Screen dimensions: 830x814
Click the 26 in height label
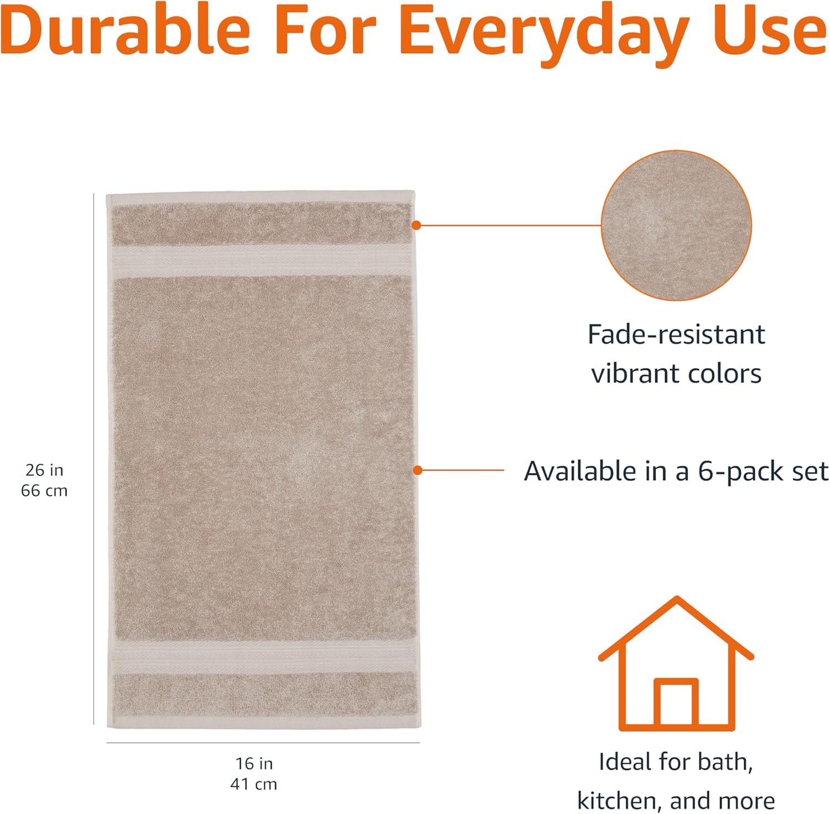(x=44, y=470)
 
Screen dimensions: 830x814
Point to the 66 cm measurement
(x=44, y=490)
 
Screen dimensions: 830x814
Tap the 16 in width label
(x=254, y=763)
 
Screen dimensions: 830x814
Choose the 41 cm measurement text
(x=254, y=784)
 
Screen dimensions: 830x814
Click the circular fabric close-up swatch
(x=676, y=225)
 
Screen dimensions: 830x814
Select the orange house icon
(x=676, y=662)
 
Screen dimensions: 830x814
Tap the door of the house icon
(x=676, y=703)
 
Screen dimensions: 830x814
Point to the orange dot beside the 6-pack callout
(x=418, y=470)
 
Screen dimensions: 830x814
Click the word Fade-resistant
(x=676, y=334)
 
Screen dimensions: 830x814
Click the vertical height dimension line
(x=94, y=459)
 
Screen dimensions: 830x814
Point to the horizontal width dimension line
(x=263, y=743)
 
